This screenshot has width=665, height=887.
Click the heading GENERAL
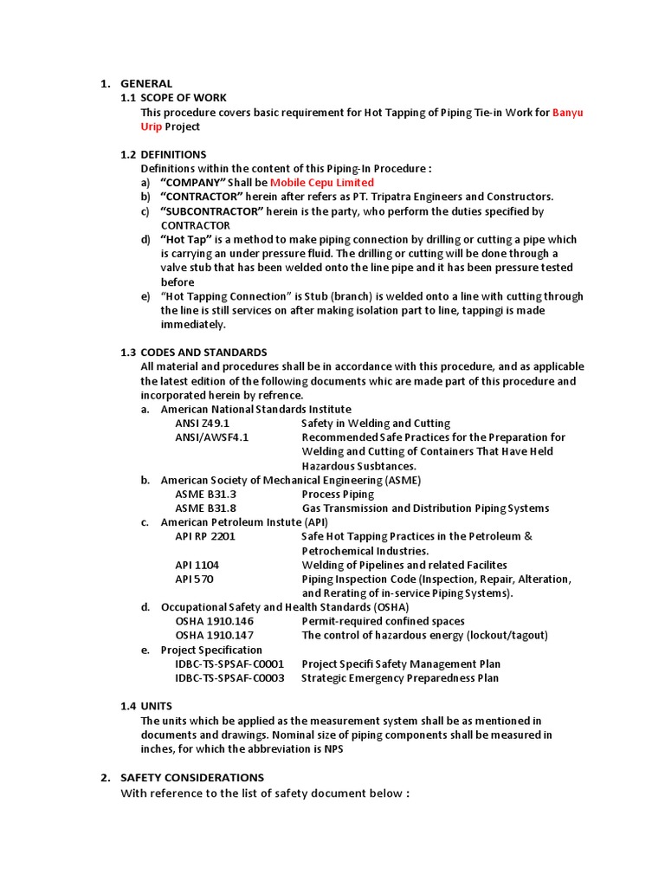(145, 83)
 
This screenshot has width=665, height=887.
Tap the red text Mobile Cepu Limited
(322, 183)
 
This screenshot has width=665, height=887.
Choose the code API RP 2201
(204, 536)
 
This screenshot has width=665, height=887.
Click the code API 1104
(197, 565)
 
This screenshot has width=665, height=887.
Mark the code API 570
(194, 579)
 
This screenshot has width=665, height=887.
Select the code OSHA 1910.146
(215, 621)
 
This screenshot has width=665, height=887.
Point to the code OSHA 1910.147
(215, 635)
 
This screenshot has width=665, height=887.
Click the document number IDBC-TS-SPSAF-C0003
(229, 678)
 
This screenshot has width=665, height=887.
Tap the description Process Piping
(338, 494)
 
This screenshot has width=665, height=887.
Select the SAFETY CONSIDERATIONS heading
(192, 777)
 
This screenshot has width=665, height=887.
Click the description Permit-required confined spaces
(383, 621)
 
